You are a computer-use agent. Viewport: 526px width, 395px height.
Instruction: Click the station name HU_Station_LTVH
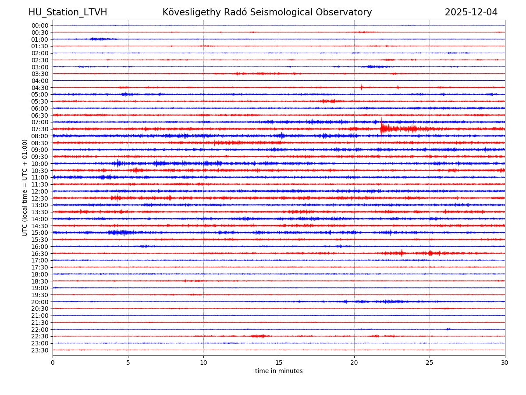tap(68, 12)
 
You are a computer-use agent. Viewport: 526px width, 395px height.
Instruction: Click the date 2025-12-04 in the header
tap(471, 12)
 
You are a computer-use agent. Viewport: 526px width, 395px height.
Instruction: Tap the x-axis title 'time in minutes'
tap(279, 371)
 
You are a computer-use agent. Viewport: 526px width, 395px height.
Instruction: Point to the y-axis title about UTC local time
tap(25, 187)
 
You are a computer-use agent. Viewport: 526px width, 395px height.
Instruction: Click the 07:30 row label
tap(39, 129)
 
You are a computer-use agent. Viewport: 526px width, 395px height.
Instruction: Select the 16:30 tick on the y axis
tap(39, 253)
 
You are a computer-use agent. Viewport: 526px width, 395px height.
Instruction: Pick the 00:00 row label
tap(39, 25)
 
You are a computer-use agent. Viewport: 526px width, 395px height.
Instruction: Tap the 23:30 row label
tap(39, 350)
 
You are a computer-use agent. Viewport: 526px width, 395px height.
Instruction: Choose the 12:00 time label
tap(39, 191)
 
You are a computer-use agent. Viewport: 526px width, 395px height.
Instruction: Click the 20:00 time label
tap(39, 302)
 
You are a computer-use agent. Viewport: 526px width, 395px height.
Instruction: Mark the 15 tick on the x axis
tap(279, 363)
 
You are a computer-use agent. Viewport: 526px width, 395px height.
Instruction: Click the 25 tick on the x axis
tap(430, 363)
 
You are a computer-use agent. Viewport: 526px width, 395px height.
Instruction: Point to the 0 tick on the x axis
tap(53, 363)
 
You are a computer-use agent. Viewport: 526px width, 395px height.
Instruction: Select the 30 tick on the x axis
tap(505, 363)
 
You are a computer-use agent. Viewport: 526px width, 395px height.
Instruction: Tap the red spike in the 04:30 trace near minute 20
tap(362, 87)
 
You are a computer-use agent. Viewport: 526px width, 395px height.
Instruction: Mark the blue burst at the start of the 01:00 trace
tap(98, 39)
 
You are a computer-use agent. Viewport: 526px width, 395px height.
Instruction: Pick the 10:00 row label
tap(39, 164)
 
